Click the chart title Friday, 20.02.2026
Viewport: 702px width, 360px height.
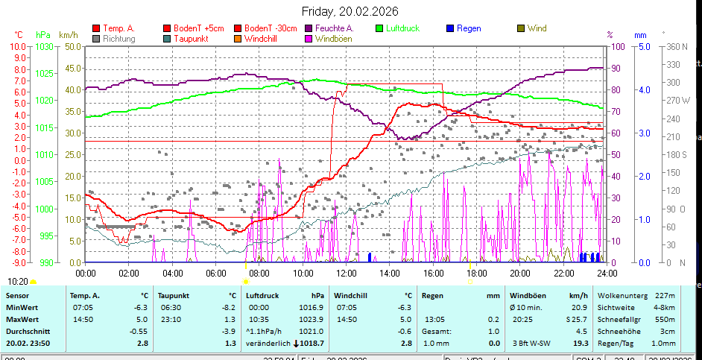coord(350,11)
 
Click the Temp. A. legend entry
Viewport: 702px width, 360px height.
coord(117,28)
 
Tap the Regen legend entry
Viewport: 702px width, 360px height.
coord(468,28)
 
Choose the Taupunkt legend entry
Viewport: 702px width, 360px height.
coord(189,38)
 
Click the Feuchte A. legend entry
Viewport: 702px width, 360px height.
coord(332,28)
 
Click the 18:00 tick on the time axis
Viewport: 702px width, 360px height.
coord(476,274)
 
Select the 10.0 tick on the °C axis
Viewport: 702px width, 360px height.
coord(18,46)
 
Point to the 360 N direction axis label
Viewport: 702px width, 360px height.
coord(677,46)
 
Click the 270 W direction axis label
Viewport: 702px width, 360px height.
coord(677,100)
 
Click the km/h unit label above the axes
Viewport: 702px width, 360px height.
coord(68,35)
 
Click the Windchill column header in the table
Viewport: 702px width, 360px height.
coord(352,295)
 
